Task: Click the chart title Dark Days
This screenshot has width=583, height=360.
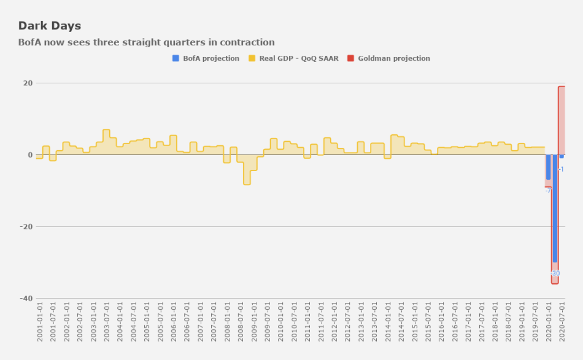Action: coord(50,26)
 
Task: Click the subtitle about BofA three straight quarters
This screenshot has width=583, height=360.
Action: coord(146,42)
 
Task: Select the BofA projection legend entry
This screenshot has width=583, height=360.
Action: coord(206,58)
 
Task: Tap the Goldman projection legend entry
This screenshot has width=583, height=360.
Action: coord(388,58)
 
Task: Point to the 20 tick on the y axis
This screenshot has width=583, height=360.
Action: coord(28,83)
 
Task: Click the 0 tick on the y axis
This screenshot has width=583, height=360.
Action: coord(30,155)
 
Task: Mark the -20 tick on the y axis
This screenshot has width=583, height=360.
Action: coord(26,227)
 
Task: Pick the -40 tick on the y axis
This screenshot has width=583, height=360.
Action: coord(26,299)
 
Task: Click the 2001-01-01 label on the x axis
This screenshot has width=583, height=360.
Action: coord(40,321)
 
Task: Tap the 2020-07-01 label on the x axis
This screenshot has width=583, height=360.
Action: coord(562,321)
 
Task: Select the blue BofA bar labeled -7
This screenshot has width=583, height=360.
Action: coord(548,167)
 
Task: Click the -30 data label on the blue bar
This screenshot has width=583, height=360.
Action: coord(555,273)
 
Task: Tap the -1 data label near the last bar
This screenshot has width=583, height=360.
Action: coord(561,169)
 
